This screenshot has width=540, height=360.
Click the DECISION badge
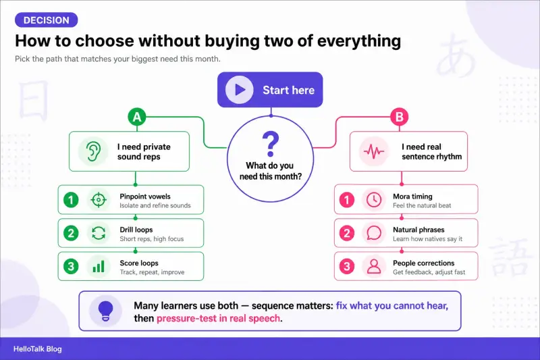pos(46,20)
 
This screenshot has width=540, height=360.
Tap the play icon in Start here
pos(240,90)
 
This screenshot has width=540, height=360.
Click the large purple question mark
pos(271,144)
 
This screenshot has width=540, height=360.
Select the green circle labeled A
pos(137,117)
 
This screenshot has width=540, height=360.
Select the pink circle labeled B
pos(400,117)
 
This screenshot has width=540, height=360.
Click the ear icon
pos(93,151)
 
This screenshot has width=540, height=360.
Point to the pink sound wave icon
pos(374,151)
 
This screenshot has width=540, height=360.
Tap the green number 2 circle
pos(71,233)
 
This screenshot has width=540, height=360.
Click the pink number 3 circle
pos(347,266)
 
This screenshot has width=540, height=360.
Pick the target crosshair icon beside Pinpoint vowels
pos(99,200)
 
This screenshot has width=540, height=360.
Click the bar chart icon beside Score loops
pos(99,266)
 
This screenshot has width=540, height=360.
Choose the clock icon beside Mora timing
pos(374,200)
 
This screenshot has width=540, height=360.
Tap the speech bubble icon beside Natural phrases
pos(374,233)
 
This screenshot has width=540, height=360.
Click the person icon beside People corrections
pos(374,266)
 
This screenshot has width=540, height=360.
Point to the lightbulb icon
pos(106,311)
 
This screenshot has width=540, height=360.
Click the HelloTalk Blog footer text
pos(38,349)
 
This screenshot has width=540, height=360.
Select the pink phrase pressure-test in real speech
pos(218,318)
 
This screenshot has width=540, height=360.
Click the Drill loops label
pos(136,230)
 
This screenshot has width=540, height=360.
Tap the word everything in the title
pos(359,41)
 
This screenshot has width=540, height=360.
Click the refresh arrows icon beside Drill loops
pos(99,233)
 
